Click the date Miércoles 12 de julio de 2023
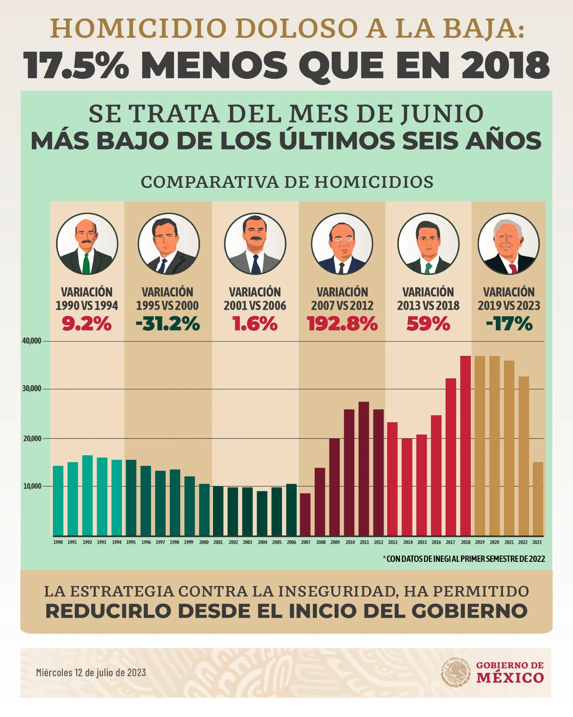[91, 672]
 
